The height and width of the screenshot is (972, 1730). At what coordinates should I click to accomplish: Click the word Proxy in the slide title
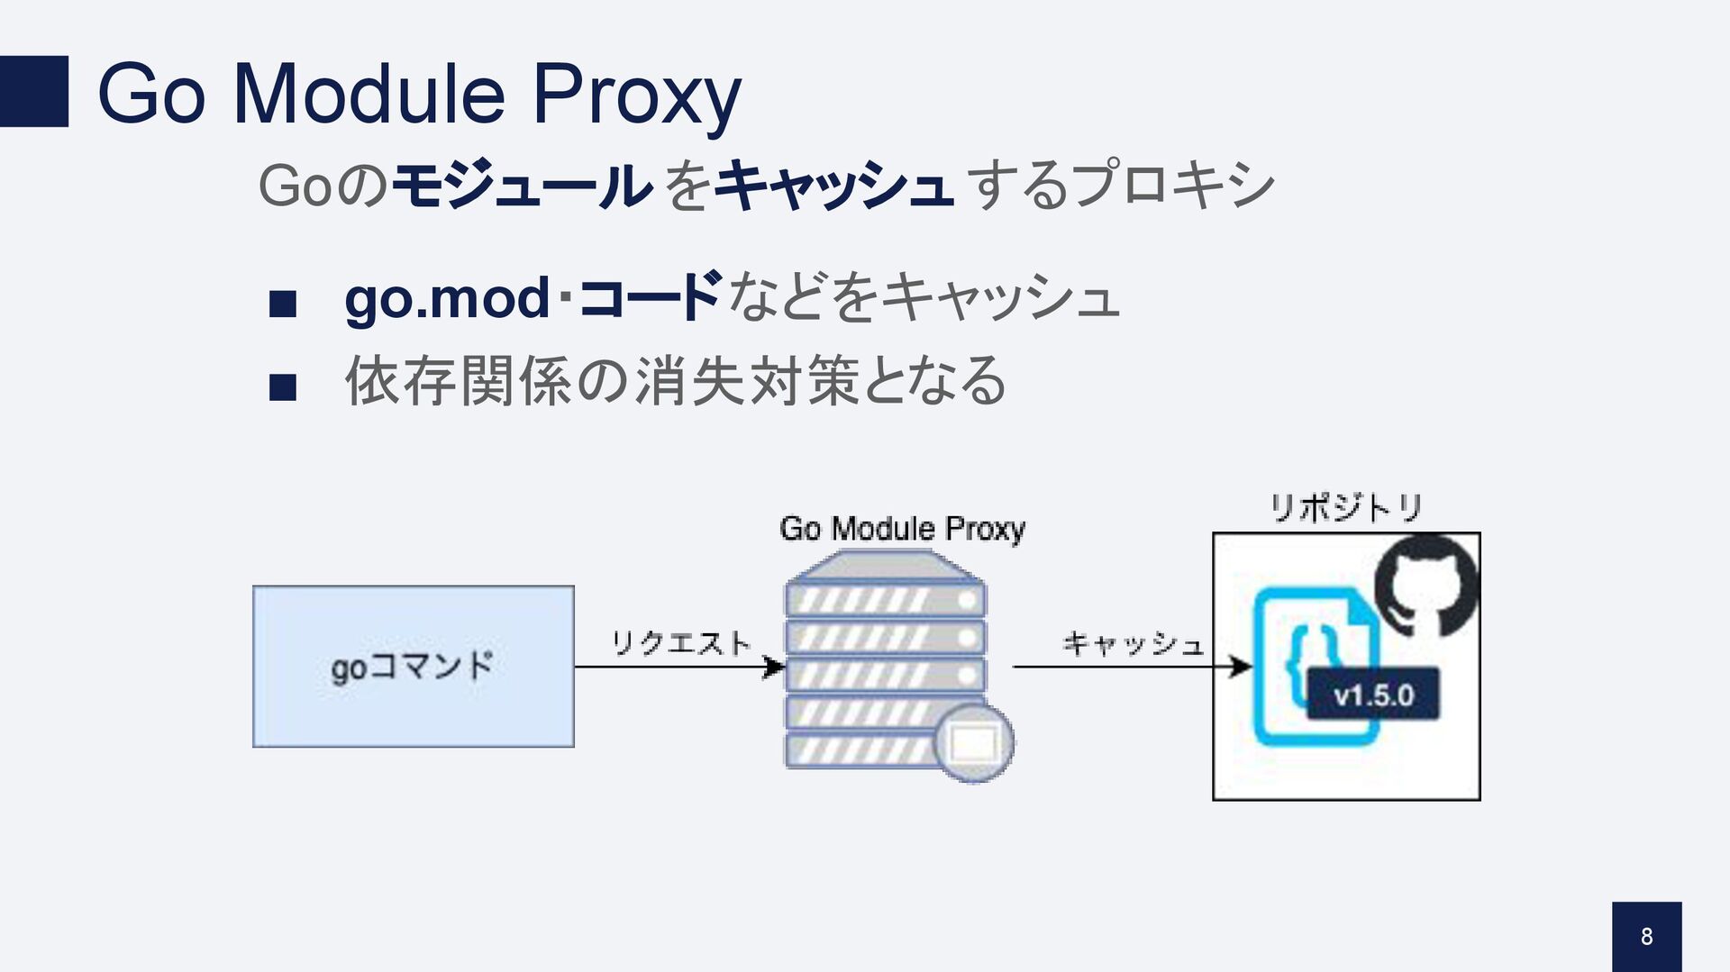click(x=636, y=94)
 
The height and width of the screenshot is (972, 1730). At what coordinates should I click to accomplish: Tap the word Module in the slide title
click(x=369, y=94)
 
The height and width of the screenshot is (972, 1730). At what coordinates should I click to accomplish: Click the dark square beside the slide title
click(x=33, y=91)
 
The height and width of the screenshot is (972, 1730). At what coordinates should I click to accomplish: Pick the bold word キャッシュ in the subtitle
click(x=834, y=186)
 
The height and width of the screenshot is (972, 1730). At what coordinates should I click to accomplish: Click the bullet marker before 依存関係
click(x=283, y=386)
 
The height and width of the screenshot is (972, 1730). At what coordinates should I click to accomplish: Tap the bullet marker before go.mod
click(x=283, y=304)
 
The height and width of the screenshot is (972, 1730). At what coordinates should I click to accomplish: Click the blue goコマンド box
click(x=414, y=667)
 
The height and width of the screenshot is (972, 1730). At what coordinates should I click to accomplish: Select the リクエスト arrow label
click(x=681, y=643)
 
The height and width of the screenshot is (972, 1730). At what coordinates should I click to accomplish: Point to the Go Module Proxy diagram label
click(x=902, y=529)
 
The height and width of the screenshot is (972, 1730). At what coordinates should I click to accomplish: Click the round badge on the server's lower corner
click(x=974, y=743)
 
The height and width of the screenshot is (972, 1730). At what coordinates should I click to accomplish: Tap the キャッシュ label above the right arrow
click(x=1133, y=643)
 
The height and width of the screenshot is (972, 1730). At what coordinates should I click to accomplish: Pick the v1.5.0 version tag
click(x=1373, y=695)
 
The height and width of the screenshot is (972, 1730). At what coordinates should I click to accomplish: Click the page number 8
click(x=1646, y=937)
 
